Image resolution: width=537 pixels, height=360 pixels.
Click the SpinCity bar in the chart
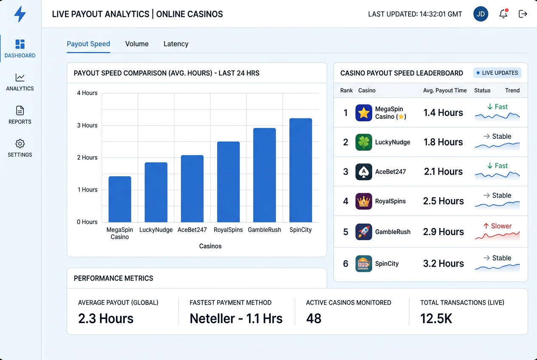tap(301, 170)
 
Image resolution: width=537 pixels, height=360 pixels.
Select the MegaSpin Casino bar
tap(120, 199)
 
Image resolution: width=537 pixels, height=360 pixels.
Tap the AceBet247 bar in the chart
tap(192, 189)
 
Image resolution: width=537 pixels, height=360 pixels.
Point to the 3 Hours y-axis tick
tap(87, 125)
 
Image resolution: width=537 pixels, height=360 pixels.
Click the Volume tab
tap(137, 44)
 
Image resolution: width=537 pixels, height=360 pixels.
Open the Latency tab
tap(176, 44)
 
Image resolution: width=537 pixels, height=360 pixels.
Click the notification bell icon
tap(503, 14)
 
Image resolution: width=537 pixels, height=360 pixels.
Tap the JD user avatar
tap(480, 14)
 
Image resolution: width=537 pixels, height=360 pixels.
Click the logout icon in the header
tap(523, 14)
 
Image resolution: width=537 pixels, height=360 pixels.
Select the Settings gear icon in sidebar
tap(20, 144)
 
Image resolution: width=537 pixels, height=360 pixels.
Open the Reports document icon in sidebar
tap(20, 111)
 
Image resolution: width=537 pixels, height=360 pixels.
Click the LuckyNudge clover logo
tap(364, 142)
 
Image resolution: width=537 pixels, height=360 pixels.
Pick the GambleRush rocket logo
tap(364, 232)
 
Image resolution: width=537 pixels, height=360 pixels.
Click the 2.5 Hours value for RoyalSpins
tap(444, 201)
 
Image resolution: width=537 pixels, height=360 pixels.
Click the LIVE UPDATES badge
tap(497, 73)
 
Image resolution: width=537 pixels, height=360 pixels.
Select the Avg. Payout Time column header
tap(445, 90)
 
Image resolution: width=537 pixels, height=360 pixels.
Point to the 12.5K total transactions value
tap(436, 318)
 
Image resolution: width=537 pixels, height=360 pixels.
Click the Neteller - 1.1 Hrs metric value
tap(236, 318)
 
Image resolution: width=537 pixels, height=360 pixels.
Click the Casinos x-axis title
tap(210, 246)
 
